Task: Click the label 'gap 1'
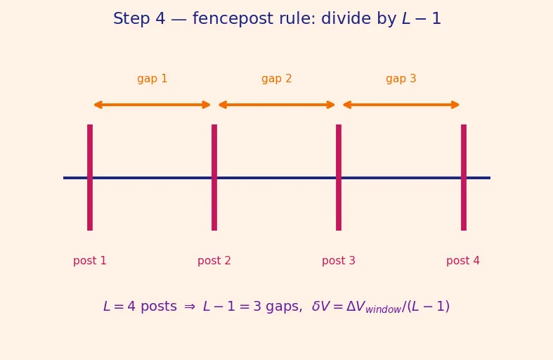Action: coord(152,79)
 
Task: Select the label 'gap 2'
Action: coord(277,79)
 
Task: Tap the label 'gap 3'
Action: coord(401,79)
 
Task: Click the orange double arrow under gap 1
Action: coord(152,105)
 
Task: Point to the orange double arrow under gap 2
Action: coord(277,105)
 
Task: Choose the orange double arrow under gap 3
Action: coord(401,105)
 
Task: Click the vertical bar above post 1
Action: coord(90,177)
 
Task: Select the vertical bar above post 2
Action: coord(214,177)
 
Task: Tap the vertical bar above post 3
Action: coord(339,177)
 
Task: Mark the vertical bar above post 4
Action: coord(464,177)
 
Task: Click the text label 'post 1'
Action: coord(89,261)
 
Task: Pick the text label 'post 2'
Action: coord(214,261)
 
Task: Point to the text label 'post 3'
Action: coord(339,261)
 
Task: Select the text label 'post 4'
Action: coord(463,261)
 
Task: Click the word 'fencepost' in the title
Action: coord(233,19)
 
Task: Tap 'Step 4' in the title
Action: coord(139,19)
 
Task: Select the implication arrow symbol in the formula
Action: coord(190,307)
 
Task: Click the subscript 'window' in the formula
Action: coord(384,309)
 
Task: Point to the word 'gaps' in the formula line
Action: coord(284,307)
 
